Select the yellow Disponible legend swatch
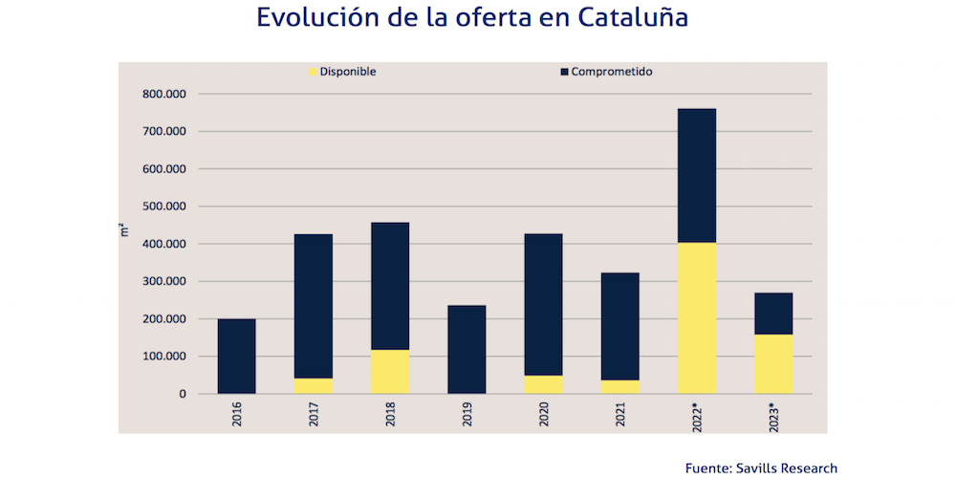click(x=313, y=72)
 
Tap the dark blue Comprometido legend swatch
click(x=564, y=72)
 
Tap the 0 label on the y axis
click(x=182, y=394)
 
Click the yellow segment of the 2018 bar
click(x=390, y=372)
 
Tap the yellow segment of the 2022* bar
click(x=696, y=318)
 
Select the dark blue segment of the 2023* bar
click(x=772, y=314)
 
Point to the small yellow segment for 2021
click(x=619, y=386)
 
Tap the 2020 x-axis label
click(x=544, y=414)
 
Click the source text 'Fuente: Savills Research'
click(x=761, y=467)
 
